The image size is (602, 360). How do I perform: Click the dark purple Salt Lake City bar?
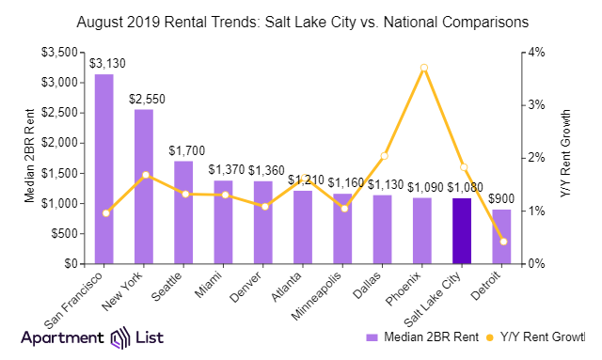[x=462, y=231]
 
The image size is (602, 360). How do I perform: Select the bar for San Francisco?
[x=104, y=169]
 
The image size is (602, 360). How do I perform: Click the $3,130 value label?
[x=104, y=63]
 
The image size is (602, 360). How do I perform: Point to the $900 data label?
[x=503, y=198]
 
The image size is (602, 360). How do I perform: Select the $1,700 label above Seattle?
[x=183, y=149]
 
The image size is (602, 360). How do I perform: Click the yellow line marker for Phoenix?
[x=423, y=68]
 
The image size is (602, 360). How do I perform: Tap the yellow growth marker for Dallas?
[x=384, y=155]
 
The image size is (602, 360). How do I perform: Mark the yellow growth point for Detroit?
[x=503, y=242]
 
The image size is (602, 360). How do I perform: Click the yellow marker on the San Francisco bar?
[x=105, y=213]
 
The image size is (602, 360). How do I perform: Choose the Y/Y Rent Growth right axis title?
[x=567, y=158]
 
